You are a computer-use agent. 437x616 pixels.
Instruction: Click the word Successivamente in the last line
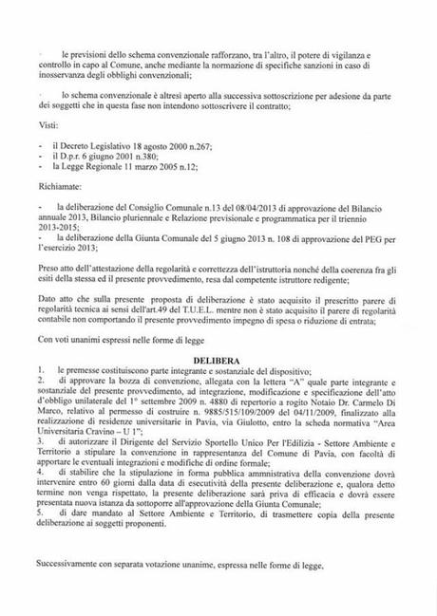click(73, 567)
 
